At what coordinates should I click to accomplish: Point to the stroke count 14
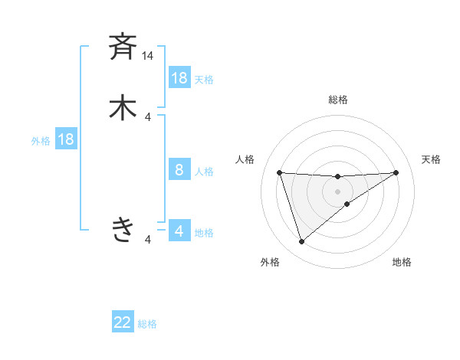click(148, 56)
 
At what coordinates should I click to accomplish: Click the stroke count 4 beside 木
click(149, 116)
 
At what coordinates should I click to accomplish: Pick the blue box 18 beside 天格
click(179, 78)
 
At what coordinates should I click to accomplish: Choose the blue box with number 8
click(179, 170)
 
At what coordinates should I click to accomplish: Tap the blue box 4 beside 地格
click(179, 231)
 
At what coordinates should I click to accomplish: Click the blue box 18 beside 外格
click(66, 139)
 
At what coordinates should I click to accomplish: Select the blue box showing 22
click(123, 322)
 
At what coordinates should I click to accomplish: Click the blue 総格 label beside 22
click(147, 324)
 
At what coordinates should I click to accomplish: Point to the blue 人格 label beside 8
click(204, 172)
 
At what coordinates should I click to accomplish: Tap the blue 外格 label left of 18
click(41, 141)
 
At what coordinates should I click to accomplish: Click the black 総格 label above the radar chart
click(338, 100)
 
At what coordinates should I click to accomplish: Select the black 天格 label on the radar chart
click(431, 159)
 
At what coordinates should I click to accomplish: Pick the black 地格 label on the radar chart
click(402, 262)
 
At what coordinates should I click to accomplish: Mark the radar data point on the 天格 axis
click(396, 172)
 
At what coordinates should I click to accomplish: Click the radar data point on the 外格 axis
click(302, 242)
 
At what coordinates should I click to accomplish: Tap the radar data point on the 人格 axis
click(280, 172)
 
